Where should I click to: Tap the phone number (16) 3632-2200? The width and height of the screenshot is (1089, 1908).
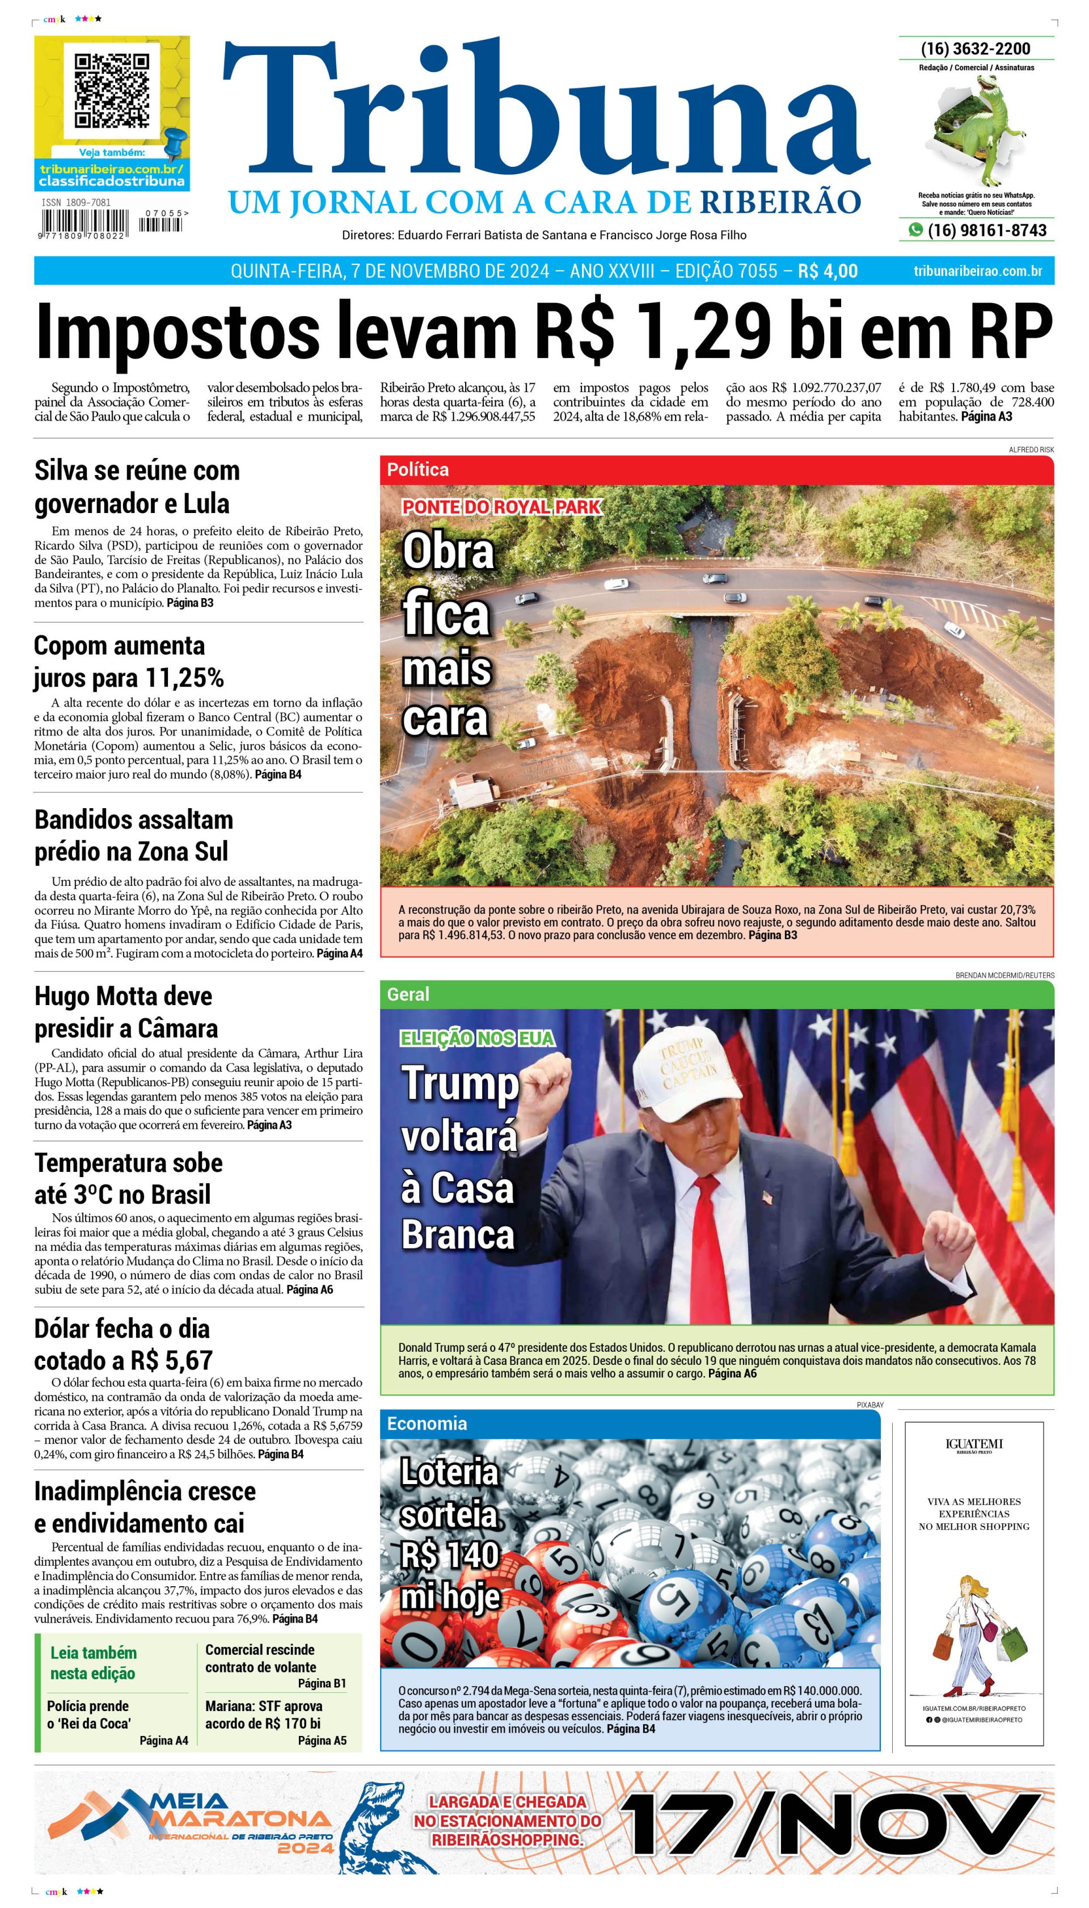(x=976, y=49)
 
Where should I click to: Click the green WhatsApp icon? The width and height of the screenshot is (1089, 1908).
(x=915, y=230)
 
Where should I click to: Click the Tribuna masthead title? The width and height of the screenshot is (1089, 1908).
(x=546, y=112)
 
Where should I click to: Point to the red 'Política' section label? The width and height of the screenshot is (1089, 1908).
(x=418, y=470)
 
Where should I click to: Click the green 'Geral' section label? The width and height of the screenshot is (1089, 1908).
(x=408, y=994)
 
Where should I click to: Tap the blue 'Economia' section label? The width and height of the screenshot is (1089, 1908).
(x=427, y=1424)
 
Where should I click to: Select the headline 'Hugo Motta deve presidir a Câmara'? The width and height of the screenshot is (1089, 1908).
(x=126, y=1012)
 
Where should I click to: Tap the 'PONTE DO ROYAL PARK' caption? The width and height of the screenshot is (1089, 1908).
(x=501, y=507)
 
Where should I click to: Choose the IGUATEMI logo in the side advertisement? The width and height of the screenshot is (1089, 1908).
(x=974, y=1444)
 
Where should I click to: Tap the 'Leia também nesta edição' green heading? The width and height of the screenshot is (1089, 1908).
(x=94, y=1663)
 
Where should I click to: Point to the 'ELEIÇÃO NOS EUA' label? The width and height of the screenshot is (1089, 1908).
(x=477, y=1038)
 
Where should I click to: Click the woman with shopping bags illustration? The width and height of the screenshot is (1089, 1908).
(x=972, y=1638)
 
